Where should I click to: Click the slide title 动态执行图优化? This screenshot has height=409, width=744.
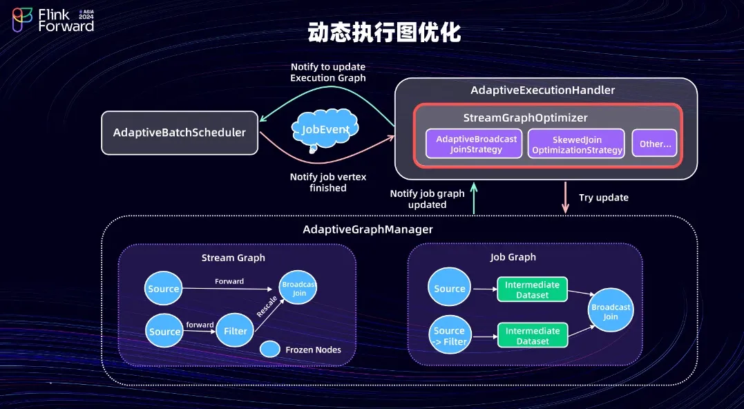384,32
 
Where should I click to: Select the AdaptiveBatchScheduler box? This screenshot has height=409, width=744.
180,133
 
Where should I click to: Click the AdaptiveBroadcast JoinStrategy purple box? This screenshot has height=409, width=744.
474,144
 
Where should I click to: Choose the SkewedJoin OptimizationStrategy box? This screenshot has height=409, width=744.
577,144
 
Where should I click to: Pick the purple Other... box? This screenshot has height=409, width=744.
654,144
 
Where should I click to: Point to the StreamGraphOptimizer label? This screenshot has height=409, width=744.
526,117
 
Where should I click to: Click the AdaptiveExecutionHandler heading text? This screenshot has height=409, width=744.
542,91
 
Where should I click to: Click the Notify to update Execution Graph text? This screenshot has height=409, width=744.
327,73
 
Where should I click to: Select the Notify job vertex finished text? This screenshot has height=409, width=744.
327,182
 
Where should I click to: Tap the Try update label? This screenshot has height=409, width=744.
603,198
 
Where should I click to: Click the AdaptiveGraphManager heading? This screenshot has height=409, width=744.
368,229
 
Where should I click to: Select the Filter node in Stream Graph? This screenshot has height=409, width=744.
236,331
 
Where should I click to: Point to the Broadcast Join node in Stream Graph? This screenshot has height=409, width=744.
298,289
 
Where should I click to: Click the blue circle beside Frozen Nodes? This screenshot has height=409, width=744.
269,350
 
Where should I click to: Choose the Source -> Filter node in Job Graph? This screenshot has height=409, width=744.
449,335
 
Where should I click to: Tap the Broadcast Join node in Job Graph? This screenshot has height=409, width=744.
611,312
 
